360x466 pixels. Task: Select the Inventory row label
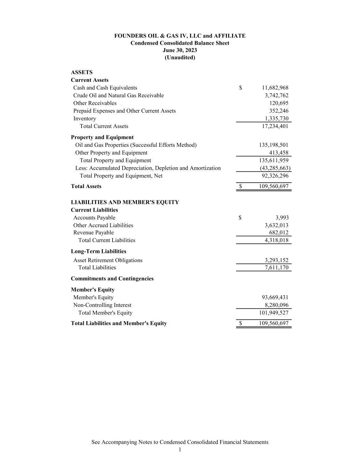(x=85, y=118)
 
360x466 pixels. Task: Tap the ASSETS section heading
(x=82, y=72)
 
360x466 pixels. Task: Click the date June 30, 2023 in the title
(x=180, y=50)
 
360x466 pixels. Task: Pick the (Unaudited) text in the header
(x=180, y=57)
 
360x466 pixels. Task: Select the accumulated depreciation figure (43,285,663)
(x=275, y=168)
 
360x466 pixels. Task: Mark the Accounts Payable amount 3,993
(x=282, y=217)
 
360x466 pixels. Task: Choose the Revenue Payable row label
(x=93, y=232)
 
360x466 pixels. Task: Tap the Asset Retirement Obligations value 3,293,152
(x=276, y=260)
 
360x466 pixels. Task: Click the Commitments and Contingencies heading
(x=112, y=279)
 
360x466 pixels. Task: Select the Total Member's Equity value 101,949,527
(x=274, y=313)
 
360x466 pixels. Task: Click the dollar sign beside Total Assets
(x=241, y=186)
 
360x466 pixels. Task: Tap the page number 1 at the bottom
(x=180, y=450)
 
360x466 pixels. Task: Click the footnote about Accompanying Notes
(x=180, y=442)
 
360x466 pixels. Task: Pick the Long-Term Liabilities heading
(x=99, y=251)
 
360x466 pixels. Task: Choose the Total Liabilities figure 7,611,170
(x=276, y=268)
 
